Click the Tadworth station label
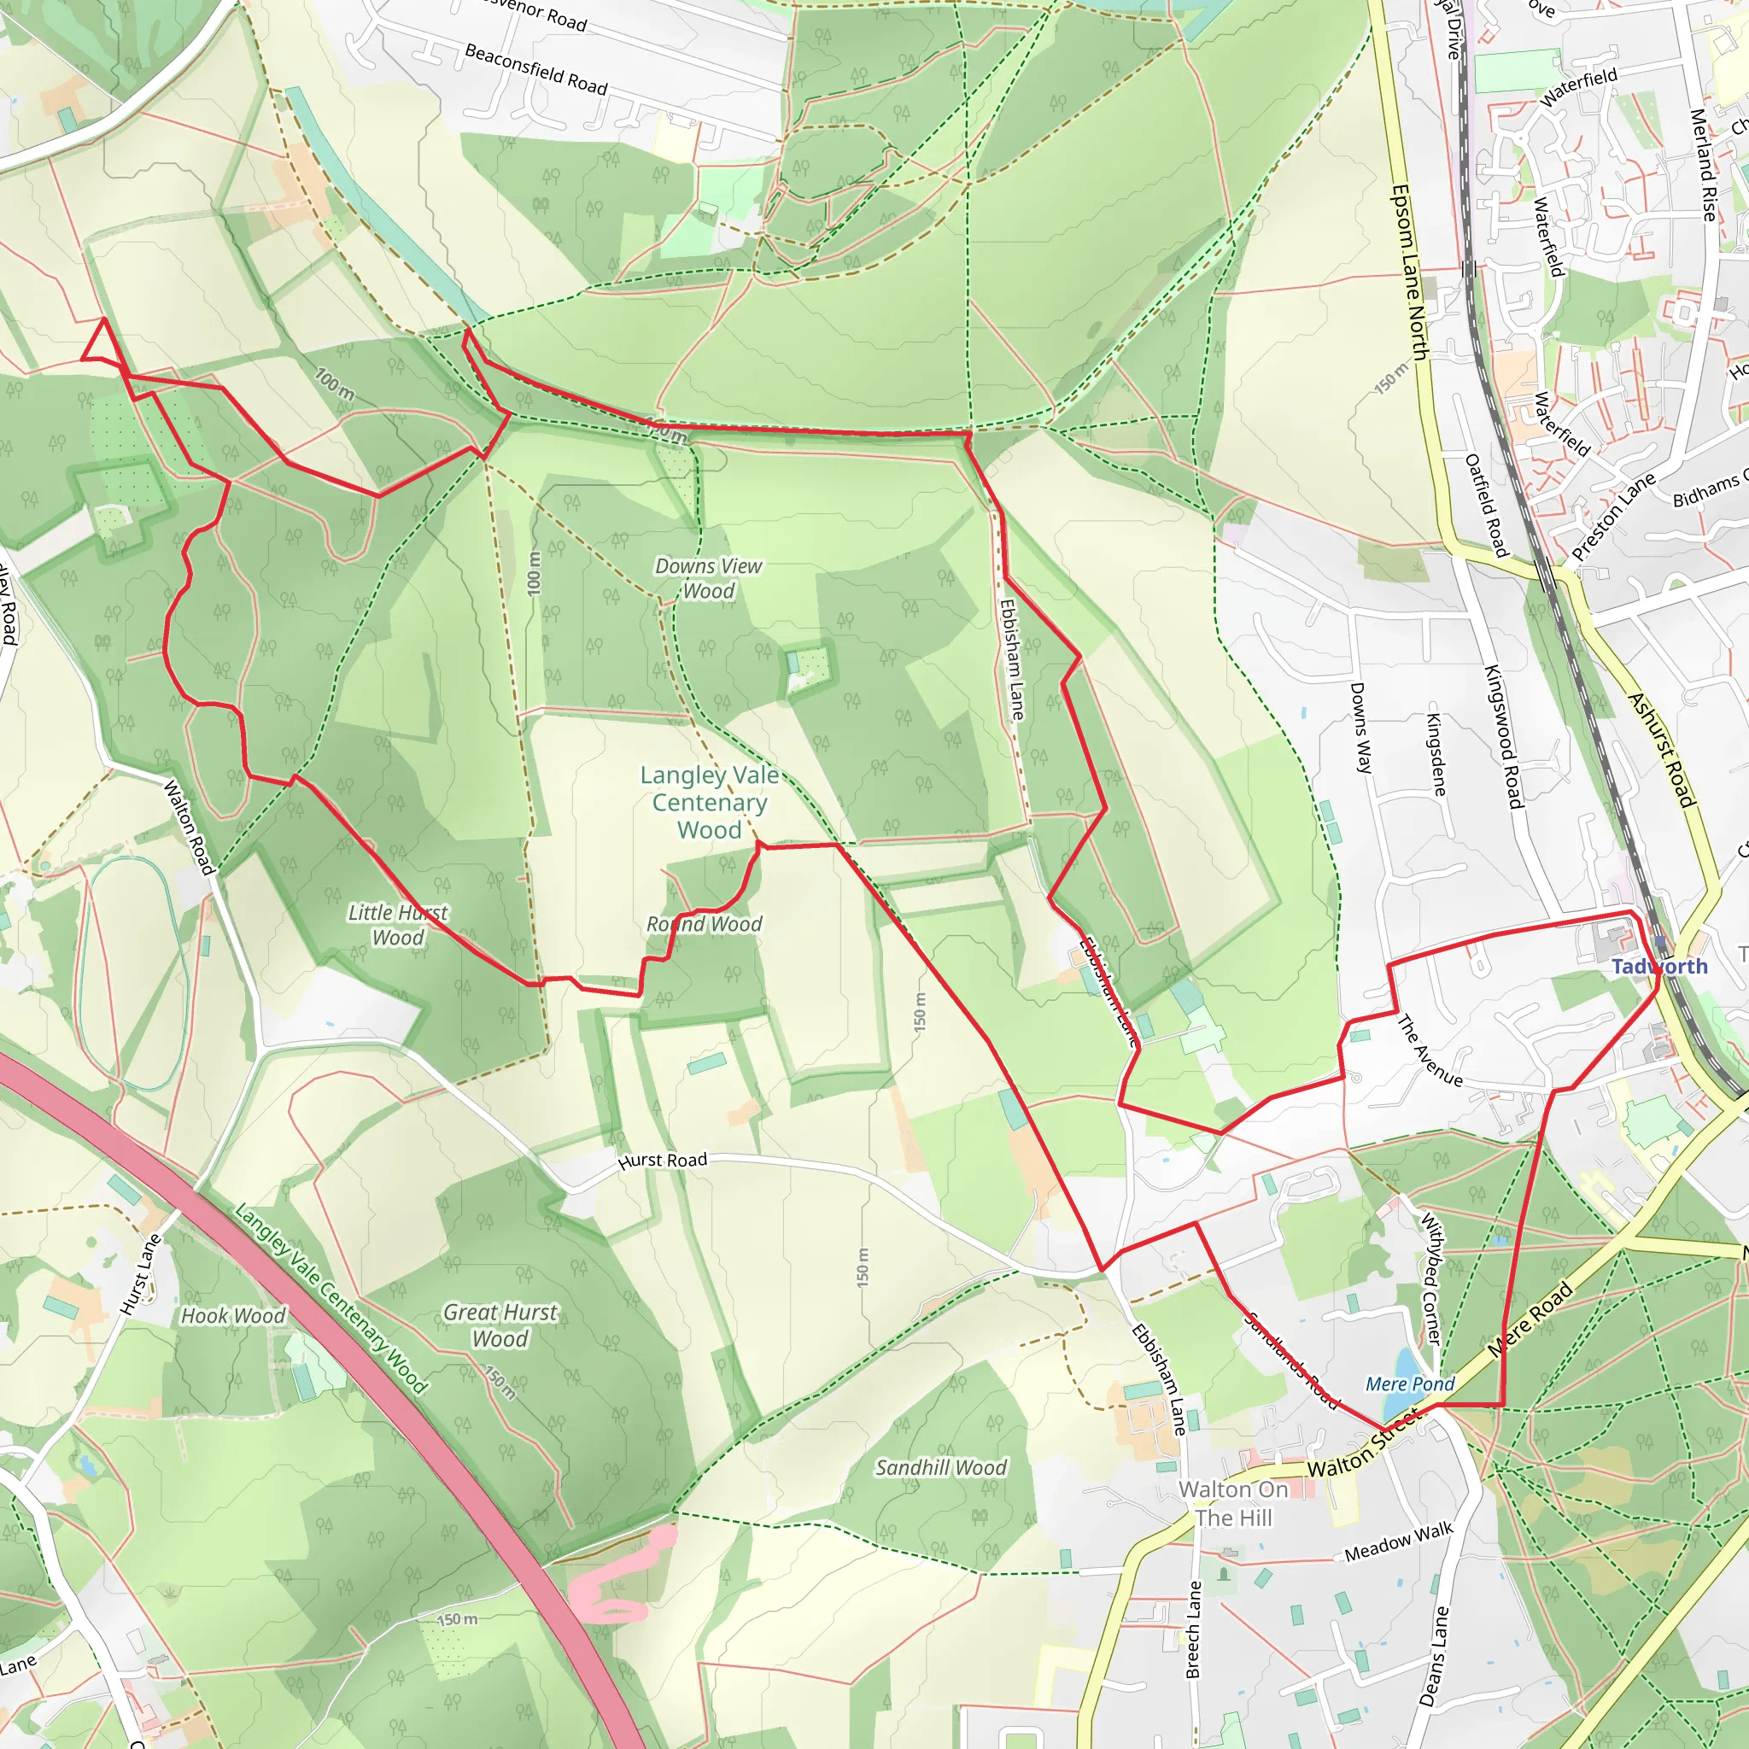[x=1659, y=966]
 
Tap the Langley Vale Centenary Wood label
[x=709, y=802]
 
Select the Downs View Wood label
[x=708, y=577]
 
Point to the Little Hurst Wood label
[x=397, y=924]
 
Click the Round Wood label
[x=704, y=923]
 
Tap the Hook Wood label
[x=232, y=1315]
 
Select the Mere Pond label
[x=1409, y=1383]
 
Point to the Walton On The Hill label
[x=1233, y=1503]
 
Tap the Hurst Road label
[x=662, y=1161]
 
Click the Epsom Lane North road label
[x=1408, y=272]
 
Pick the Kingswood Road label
[x=1503, y=736]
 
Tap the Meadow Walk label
[x=1398, y=1541]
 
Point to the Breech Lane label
[x=1194, y=1629]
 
